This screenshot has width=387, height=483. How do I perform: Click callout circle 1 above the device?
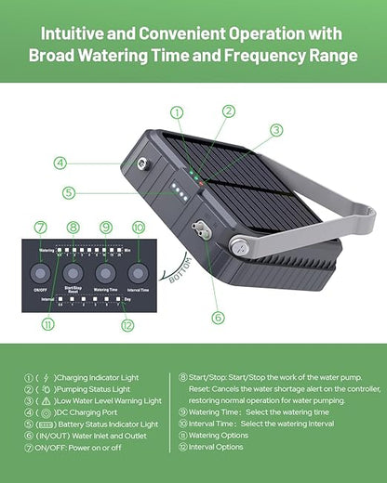(177, 112)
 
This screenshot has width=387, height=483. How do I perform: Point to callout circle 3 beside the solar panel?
(276, 130)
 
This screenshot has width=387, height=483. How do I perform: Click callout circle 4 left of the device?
(60, 162)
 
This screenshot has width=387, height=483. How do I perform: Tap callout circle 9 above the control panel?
(106, 227)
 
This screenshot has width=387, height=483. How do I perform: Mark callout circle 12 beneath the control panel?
(127, 324)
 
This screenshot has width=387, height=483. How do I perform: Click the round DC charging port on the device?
(144, 163)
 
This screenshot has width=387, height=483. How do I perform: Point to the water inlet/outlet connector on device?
(198, 229)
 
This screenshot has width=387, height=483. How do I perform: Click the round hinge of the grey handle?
(240, 246)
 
